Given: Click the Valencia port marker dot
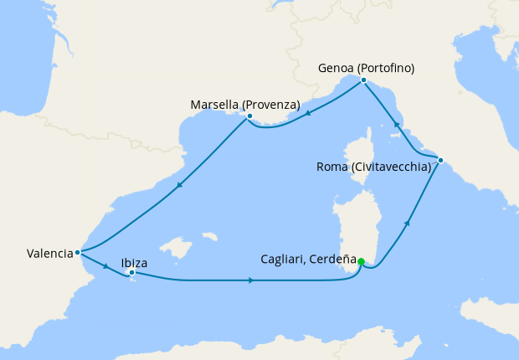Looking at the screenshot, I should click(x=77, y=251).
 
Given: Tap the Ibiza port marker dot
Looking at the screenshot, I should click(x=132, y=272).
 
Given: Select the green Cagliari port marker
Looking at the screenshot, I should click(x=361, y=262).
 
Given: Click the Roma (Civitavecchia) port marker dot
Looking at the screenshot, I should click(x=440, y=160).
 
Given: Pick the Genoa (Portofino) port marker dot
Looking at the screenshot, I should click(x=363, y=80).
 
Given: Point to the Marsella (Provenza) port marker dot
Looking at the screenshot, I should click(x=249, y=116).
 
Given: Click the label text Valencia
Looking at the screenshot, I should click(x=49, y=253).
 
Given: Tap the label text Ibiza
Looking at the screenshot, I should click(x=135, y=262).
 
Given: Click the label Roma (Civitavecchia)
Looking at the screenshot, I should click(x=373, y=167).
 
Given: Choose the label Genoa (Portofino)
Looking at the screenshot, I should click(x=367, y=68).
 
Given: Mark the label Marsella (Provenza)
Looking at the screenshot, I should click(x=245, y=105).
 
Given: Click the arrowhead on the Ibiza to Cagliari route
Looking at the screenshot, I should click(x=251, y=280).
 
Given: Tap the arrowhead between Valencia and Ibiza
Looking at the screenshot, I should click(x=107, y=267).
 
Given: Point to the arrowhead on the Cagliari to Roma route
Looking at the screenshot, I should click(x=408, y=223).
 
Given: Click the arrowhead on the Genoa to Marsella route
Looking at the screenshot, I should click(x=309, y=115).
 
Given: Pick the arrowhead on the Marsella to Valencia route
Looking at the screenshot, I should click(x=178, y=188).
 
